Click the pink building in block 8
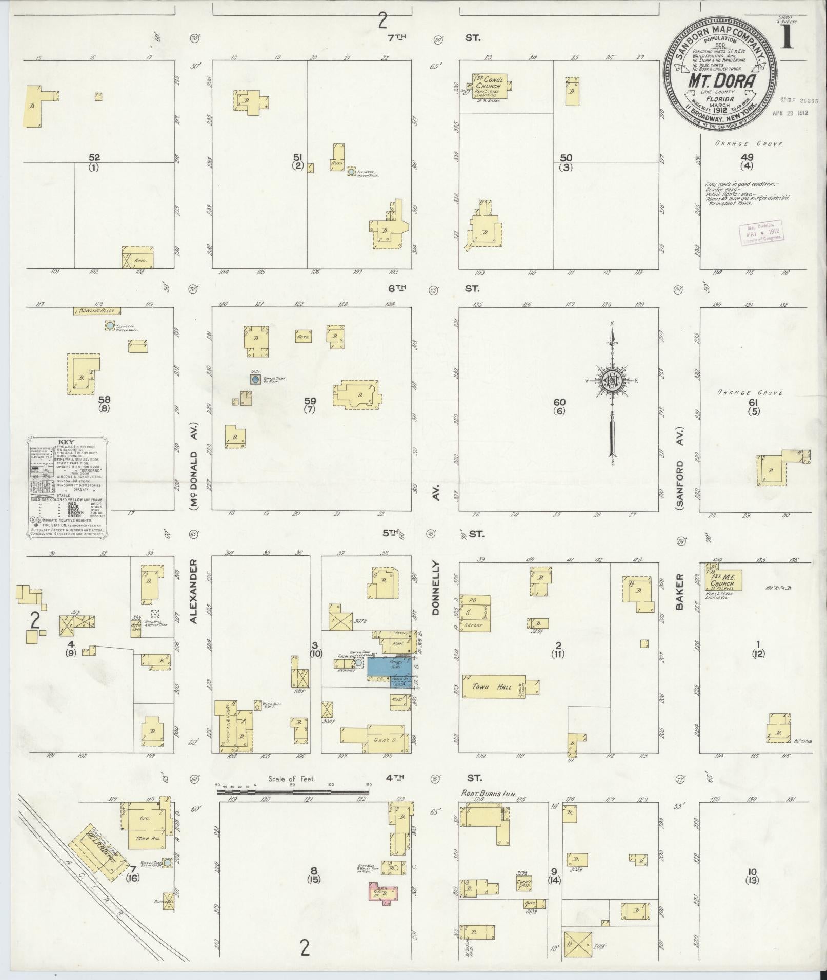click(382, 891)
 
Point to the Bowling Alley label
click(97, 310)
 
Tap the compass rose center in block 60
click(612, 380)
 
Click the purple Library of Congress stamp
click(761, 232)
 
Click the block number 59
click(310, 401)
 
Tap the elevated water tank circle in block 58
click(109, 325)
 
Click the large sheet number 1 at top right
click(786, 35)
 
